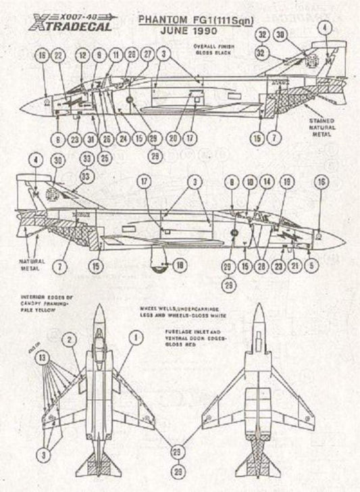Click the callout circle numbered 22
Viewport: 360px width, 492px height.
[x=58, y=54]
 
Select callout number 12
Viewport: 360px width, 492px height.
[x=83, y=54]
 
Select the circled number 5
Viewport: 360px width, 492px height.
[x=310, y=266]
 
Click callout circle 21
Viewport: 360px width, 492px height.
[x=294, y=266]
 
